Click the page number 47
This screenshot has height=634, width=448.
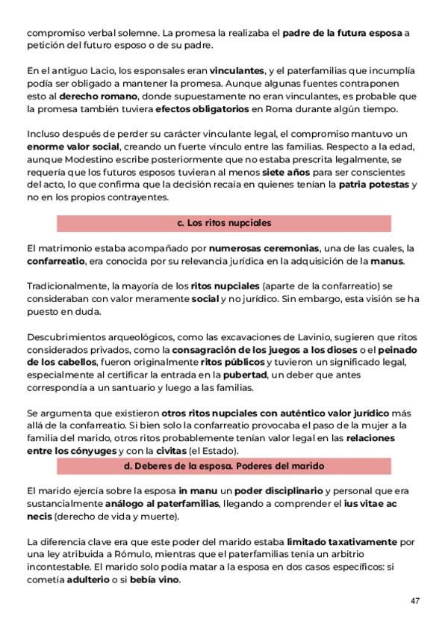click(415, 600)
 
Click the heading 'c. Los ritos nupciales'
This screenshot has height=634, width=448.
click(224, 223)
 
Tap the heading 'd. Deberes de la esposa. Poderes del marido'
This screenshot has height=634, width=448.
click(224, 466)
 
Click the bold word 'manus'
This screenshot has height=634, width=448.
click(387, 261)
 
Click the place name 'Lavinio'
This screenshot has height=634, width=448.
click(321, 338)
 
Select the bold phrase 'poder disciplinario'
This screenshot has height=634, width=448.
click(278, 491)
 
